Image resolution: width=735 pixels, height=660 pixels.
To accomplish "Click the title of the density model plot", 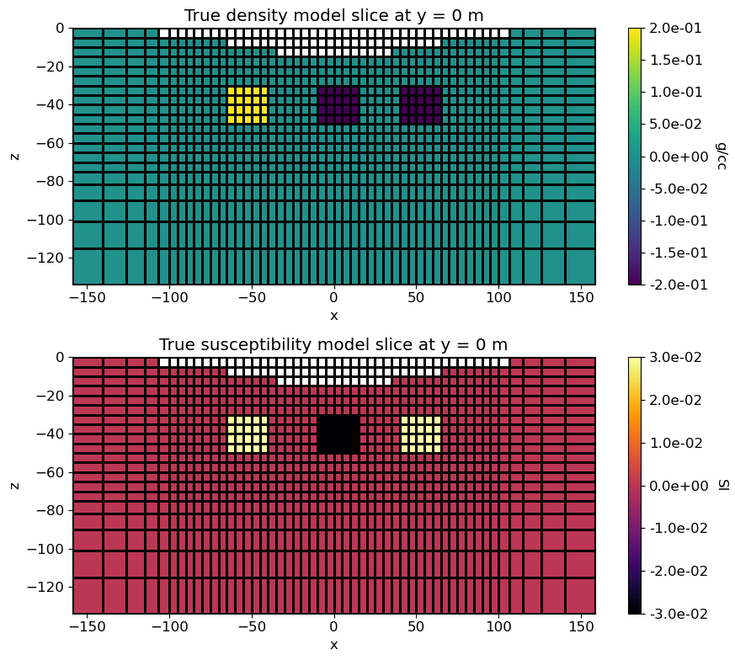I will [x=333, y=15].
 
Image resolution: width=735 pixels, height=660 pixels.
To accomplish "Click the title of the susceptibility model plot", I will [x=333, y=344].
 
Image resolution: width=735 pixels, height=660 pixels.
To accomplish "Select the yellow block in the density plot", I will [x=248, y=105].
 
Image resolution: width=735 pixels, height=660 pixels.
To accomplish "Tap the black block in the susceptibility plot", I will [x=338, y=434].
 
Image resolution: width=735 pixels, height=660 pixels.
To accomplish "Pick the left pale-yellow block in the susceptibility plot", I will [x=248, y=434].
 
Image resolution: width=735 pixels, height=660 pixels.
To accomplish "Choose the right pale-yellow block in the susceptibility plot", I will [x=421, y=434].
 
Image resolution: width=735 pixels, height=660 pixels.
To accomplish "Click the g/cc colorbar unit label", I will [x=722, y=156].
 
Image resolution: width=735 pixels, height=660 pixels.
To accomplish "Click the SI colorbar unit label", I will [x=722, y=485].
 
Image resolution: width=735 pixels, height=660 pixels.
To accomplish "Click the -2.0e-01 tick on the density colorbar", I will [x=682, y=285].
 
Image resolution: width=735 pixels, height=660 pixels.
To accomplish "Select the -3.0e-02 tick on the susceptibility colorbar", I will [x=682, y=614].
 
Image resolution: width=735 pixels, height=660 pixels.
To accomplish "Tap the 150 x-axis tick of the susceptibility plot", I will [x=579, y=629].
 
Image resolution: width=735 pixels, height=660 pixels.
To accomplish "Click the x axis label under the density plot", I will [x=333, y=316].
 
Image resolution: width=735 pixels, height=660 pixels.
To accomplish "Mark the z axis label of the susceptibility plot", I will [x=14, y=485].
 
